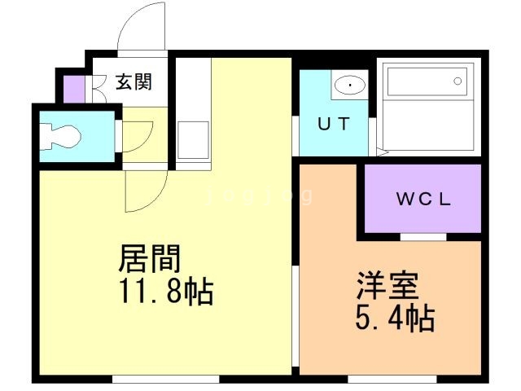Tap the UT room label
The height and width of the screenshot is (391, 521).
tap(334, 125)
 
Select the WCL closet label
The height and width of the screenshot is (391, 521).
tap(423, 199)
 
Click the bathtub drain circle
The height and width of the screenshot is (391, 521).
tap(458, 81)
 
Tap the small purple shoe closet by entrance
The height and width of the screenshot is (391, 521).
tap(73, 89)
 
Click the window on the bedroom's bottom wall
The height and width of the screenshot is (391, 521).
tap(381, 379)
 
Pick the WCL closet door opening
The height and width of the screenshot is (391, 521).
tap(422, 236)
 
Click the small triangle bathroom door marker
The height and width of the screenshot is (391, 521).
tap(383, 152)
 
